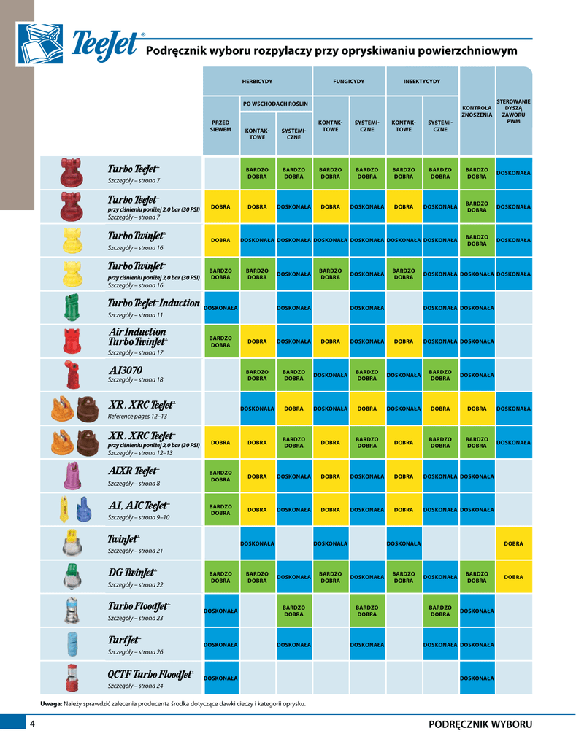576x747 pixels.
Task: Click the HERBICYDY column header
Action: (257, 82)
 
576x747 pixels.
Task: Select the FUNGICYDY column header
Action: (348, 82)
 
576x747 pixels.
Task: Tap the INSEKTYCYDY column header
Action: (422, 82)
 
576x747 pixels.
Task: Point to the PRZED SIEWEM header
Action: (220, 125)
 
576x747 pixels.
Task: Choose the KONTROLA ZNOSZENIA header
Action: (477, 111)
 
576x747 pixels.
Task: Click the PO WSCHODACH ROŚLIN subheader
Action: (275, 104)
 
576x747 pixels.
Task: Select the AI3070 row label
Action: (126, 370)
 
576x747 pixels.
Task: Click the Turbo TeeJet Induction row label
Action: (153, 303)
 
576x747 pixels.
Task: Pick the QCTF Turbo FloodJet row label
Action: (150, 674)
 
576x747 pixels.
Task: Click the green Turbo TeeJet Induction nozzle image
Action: (71, 307)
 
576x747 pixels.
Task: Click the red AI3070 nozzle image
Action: (71, 374)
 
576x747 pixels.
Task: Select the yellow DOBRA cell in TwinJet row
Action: (513, 543)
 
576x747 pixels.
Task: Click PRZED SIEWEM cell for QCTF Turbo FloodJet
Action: (220, 678)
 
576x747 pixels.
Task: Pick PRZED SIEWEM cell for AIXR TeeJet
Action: (220, 476)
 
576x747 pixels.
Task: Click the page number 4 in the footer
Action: (33, 724)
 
